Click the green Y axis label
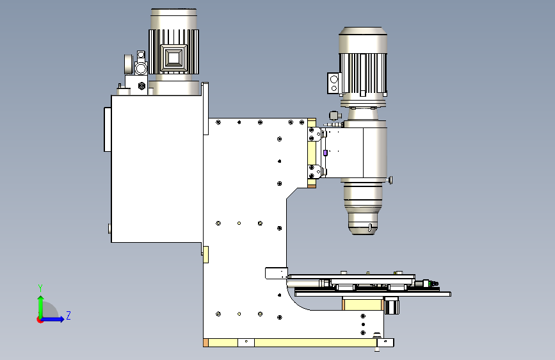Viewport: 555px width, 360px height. point(40,288)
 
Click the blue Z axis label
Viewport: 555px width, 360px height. point(68,315)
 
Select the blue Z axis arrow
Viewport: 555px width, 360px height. point(52,319)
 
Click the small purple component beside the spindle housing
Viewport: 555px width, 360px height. point(325,153)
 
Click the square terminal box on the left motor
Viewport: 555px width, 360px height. point(173,58)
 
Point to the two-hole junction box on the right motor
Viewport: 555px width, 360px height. point(334,83)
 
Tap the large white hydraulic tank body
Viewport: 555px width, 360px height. point(157,168)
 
